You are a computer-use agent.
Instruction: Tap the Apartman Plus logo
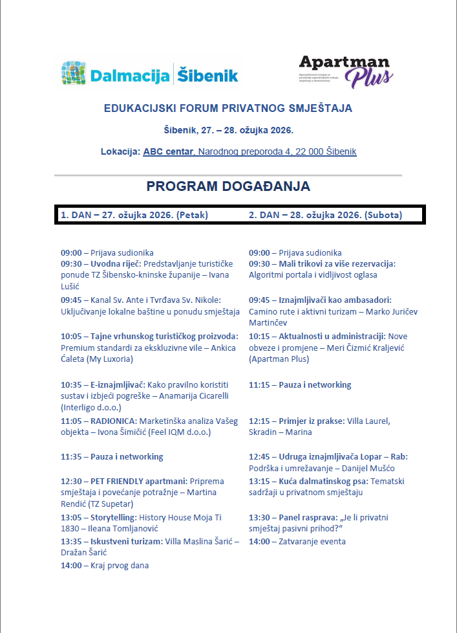(345, 71)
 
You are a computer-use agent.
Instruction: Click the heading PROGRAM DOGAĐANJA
(228, 186)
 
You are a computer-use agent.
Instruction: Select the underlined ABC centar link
(168, 151)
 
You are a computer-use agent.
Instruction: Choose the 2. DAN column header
(325, 215)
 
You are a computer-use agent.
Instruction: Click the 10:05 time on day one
(71, 337)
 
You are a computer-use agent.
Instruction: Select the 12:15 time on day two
(259, 421)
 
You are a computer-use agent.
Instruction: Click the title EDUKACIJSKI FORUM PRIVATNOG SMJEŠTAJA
(228, 108)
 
